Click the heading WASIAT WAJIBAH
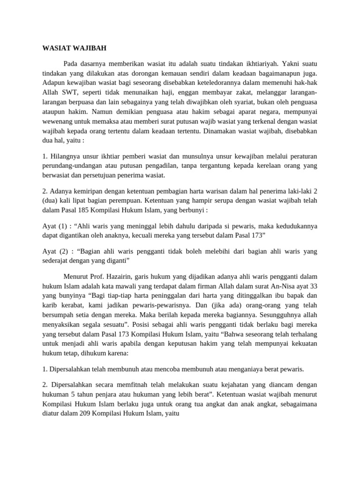point(75,48)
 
